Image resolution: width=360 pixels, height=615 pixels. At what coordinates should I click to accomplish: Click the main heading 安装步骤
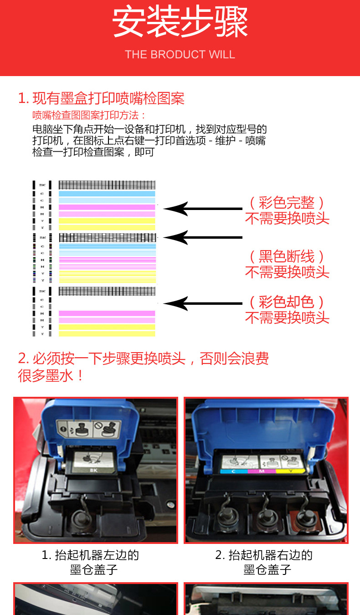180,23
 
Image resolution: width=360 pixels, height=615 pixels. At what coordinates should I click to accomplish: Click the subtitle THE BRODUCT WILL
180,55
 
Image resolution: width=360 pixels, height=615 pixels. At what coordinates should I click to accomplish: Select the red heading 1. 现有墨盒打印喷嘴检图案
101,98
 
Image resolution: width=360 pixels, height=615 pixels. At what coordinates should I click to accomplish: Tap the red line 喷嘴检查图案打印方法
89,115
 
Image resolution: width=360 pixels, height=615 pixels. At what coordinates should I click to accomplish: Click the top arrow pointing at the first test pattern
202,209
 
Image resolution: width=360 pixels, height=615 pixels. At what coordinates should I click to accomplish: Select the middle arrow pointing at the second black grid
202,237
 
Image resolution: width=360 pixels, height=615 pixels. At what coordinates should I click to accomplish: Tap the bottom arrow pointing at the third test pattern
202,303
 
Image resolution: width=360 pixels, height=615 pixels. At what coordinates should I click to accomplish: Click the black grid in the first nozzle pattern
107,185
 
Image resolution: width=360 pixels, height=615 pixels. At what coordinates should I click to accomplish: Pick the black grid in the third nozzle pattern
107,291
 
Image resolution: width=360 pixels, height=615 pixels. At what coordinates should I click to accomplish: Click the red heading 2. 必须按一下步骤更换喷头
143,359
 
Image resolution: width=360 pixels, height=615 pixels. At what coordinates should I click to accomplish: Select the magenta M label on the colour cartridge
261,471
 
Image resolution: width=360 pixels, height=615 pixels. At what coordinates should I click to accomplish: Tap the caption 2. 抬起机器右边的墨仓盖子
264,562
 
